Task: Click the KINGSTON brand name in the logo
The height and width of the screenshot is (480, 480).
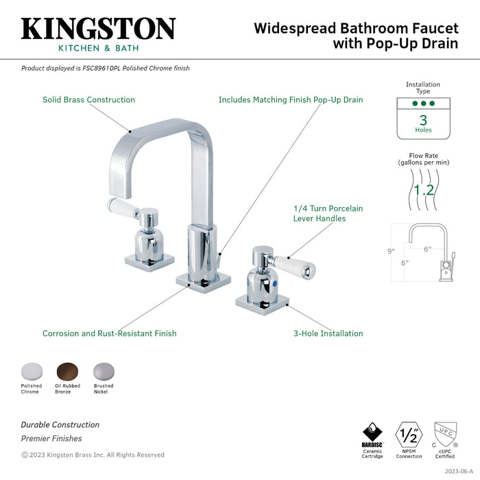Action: tap(98, 29)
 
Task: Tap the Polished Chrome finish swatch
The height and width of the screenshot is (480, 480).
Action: tap(31, 371)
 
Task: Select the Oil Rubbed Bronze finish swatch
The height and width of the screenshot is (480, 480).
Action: tap(67, 371)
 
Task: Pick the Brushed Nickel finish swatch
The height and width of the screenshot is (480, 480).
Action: tap(103, 371)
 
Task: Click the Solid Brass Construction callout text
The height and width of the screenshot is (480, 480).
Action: tap(88, 100)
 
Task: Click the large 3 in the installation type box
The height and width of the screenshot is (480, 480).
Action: tap(423, 120)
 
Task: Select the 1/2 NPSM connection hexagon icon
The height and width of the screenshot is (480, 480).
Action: tap(409, 435)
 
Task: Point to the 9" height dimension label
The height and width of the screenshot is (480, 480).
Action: tap(390, 251)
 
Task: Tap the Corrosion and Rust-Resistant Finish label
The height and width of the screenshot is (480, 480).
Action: tap(109, 334)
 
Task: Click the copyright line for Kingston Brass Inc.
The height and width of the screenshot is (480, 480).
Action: tap(93, 455)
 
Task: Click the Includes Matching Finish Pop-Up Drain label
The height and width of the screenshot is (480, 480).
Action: tap(290, 100)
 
